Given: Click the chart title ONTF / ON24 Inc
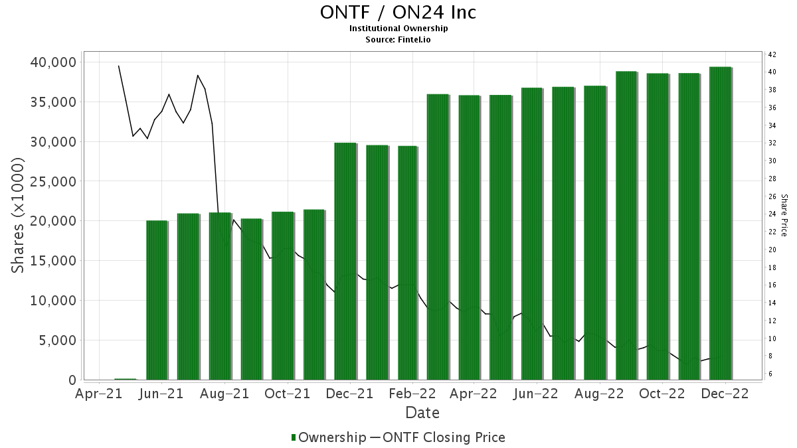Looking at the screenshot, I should tap(398, 13).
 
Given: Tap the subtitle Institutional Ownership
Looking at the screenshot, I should tap(398, 29).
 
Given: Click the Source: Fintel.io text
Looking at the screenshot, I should tap(398, 39).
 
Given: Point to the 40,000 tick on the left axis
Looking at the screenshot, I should tap(53, 62).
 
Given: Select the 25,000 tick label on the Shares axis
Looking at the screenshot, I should tap(53, 181).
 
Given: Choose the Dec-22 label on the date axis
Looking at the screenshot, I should tap(726, 394).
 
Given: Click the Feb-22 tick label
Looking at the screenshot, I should tap(413, 394).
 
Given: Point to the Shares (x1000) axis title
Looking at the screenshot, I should tap(19, 216).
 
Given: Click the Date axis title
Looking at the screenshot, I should tap(422, 413).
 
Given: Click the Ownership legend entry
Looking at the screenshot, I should tap(329, 437).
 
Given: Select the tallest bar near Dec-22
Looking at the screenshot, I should tap(720, 223).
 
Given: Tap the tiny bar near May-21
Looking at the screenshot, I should tap(125, 379).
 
